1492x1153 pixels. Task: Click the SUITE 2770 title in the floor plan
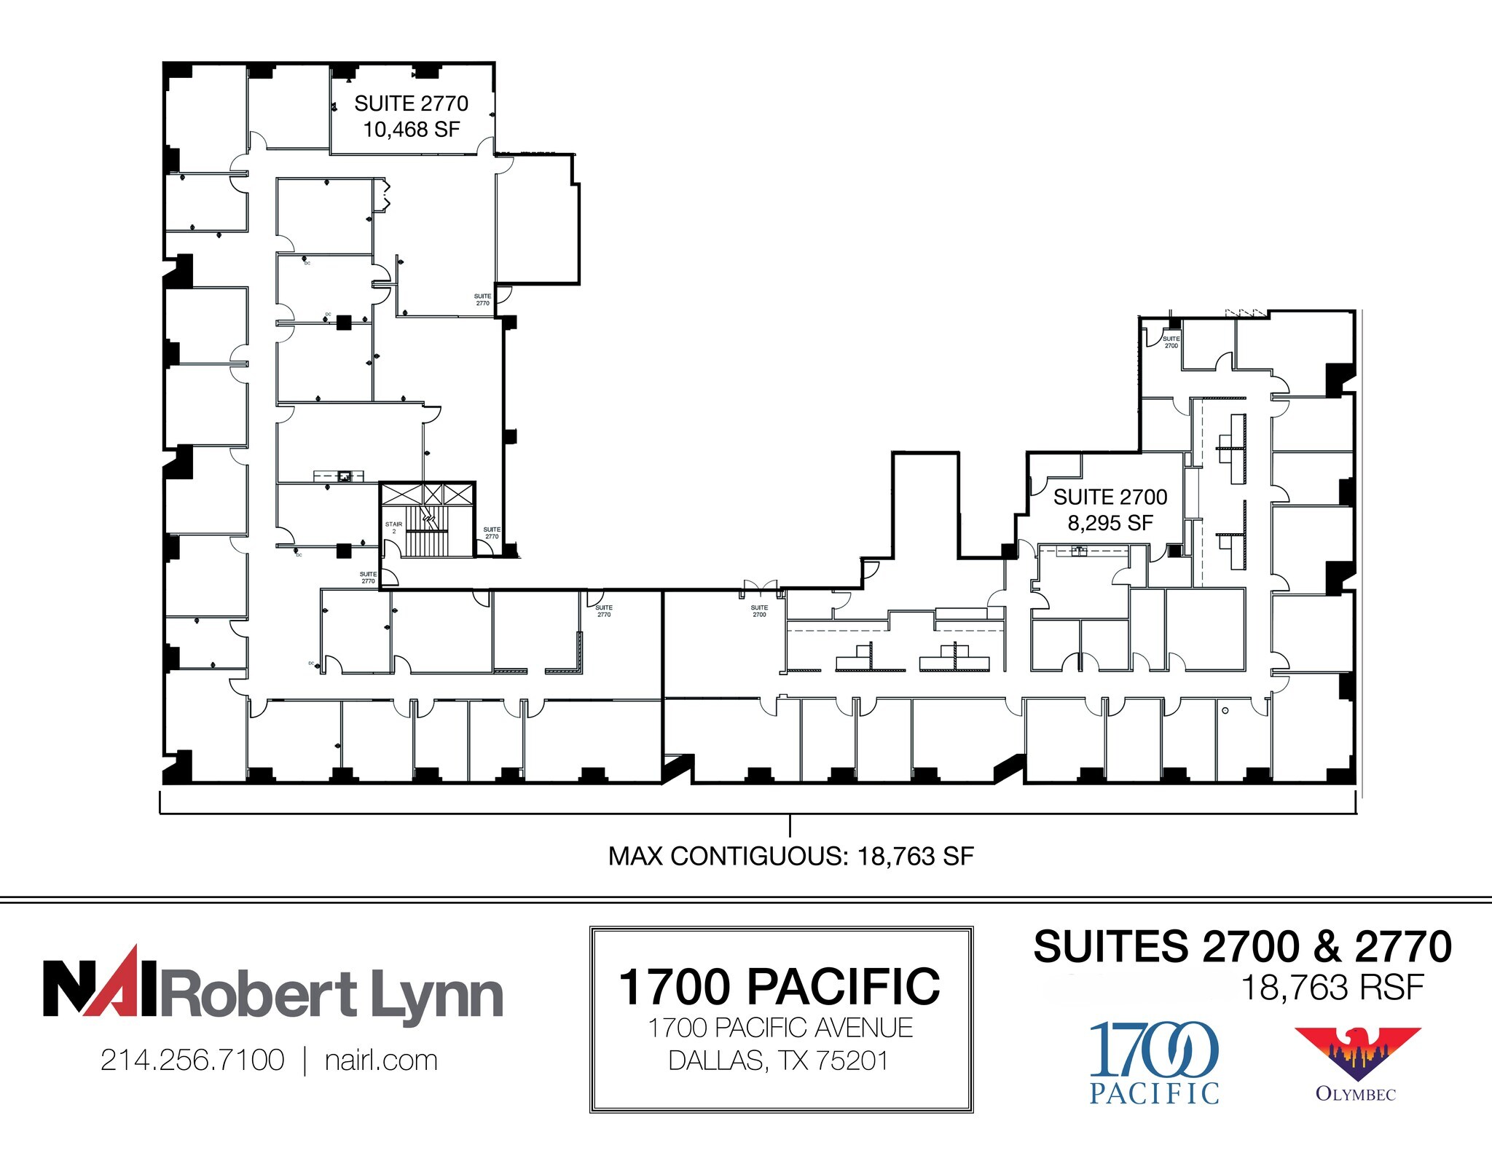(411, 103)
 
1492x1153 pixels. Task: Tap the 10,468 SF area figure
(411, 130)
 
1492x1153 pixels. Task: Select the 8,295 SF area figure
(1110, 523)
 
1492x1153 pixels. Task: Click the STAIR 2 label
(393, 527)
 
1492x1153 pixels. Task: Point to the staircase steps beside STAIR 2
(427, 532)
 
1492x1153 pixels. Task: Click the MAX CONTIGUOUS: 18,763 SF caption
(790, 856)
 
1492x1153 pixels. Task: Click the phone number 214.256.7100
(192, 1060)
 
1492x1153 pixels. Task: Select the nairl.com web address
(381, 1060)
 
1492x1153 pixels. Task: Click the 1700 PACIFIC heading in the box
(780, 987)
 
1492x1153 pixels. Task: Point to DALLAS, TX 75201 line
(780, 1060)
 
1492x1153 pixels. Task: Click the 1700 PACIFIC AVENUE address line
(780, 1028)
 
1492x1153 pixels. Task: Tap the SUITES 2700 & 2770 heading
(1242, 946)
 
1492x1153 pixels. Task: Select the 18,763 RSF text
(1332, 988)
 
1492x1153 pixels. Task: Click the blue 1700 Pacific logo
(1154, 1062)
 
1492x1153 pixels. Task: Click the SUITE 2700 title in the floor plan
(1110, 497)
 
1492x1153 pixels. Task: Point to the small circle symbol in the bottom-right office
(1225, 710)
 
